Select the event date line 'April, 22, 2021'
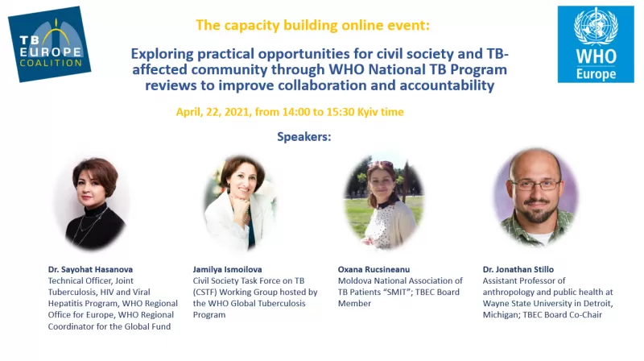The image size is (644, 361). click(x=290, y=111)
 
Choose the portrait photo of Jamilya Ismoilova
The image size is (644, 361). click(x=239, y=201)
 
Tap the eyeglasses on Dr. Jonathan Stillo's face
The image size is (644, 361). click(x=535, y=185)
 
